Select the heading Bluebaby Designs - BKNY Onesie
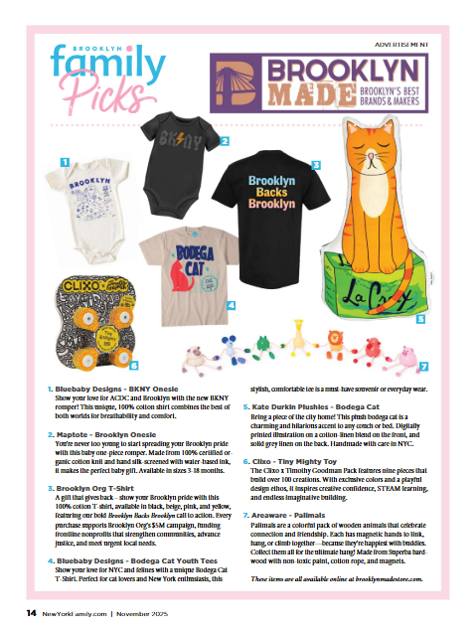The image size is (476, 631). [123, 390]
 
